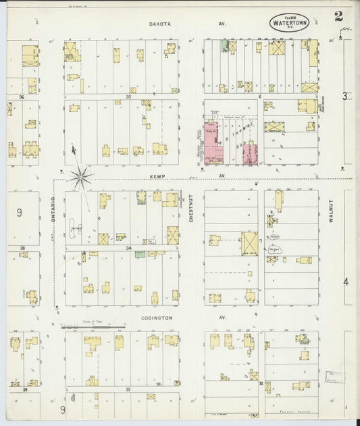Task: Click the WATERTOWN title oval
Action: [x=289, y=22]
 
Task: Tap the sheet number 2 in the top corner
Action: [x=338, y=16]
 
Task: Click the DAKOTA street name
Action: [x=161, y=24]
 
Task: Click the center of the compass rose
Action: [x=80, y=178]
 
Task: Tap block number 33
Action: [x=127, y=390]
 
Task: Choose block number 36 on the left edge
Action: [x=22, y=97]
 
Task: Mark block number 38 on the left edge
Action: [x=22, y=248]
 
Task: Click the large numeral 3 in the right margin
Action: [x=344, y=96]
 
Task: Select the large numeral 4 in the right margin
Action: [x=346, y=281]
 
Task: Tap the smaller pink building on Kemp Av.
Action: [x=249, y=153]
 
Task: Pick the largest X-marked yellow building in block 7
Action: [x=249, y=242]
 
